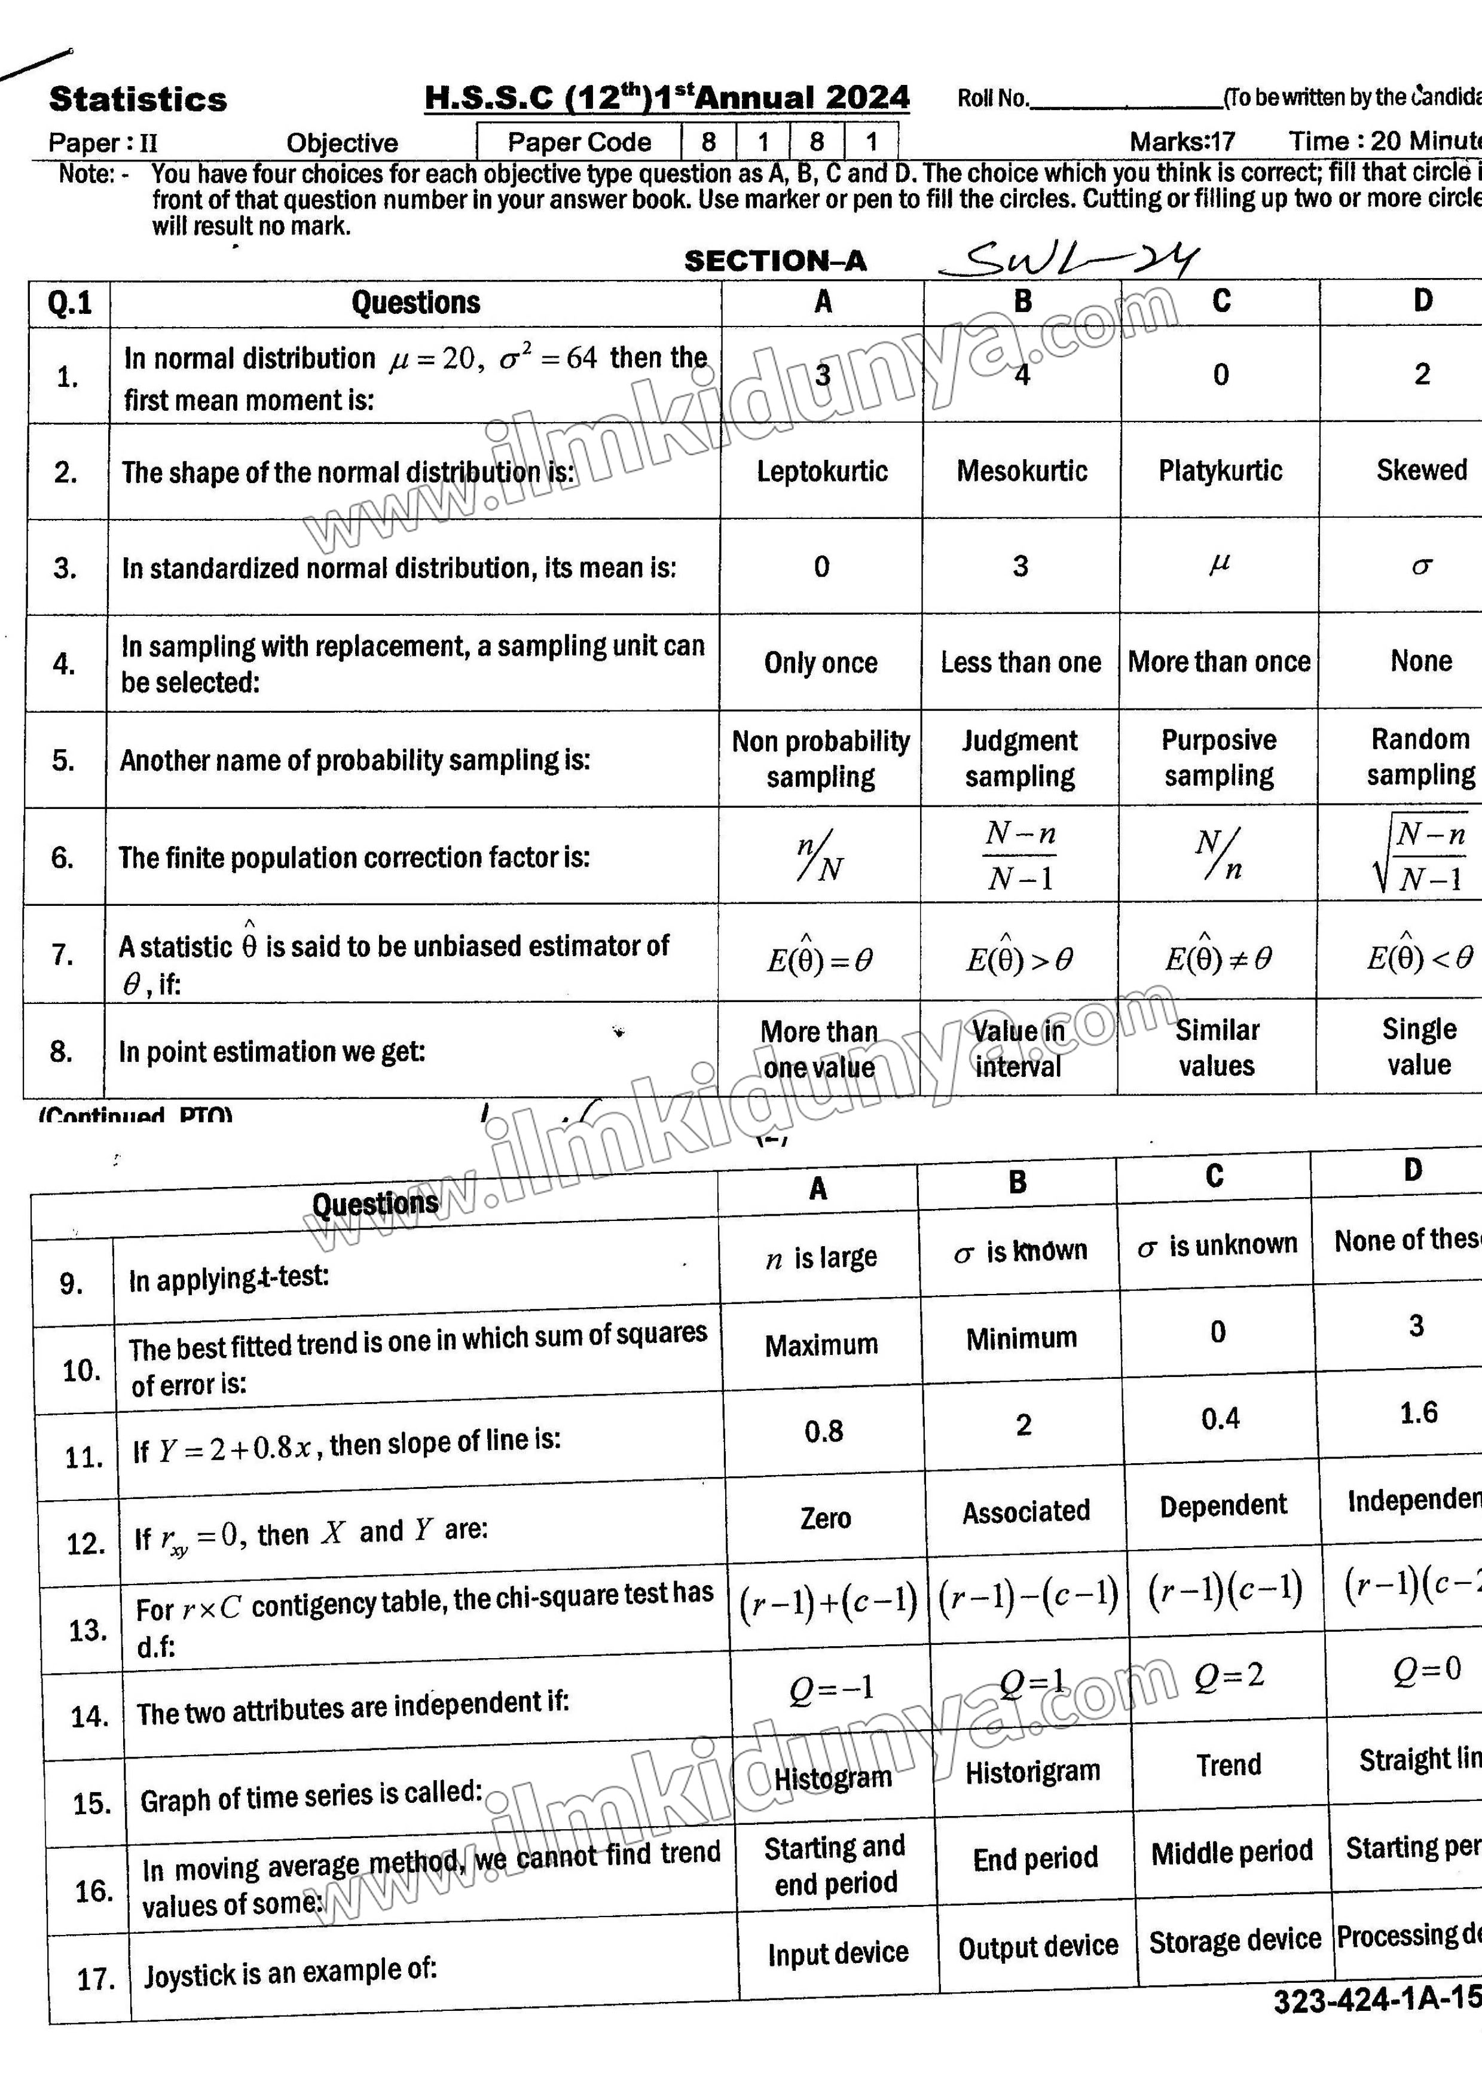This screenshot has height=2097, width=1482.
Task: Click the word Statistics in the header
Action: (138, 99)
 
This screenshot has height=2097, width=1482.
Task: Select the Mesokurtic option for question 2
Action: (1022, 471)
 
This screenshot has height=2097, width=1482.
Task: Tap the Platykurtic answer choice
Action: (1220, 471)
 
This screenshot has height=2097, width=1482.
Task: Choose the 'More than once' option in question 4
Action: (1219, 661)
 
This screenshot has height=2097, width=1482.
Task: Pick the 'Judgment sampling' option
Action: (1020, 758)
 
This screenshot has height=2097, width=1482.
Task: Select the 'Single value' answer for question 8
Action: (1418, 1046)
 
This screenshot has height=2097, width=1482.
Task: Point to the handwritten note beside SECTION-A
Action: (1068, 260)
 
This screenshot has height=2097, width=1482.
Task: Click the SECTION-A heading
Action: (775, 261)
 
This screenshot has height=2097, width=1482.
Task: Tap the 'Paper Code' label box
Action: (579, 142)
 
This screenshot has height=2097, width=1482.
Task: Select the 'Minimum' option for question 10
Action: (1021, 1339)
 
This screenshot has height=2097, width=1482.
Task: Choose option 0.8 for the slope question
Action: (824, 1431)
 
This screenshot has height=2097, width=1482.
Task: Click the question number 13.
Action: (88, 1629)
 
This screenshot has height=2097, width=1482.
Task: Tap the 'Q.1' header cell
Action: (69, 303)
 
